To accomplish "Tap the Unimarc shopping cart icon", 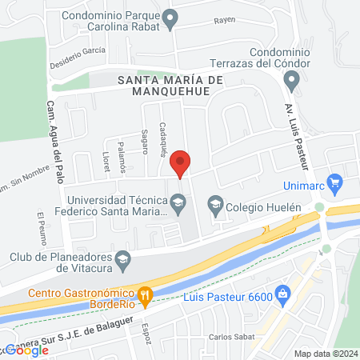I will click(x=335, y=182).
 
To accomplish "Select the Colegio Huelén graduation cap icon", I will click(x=214, y=206).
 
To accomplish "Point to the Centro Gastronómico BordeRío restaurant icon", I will click(x=145, y=295).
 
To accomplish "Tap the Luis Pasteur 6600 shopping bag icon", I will click(x=282, y=295).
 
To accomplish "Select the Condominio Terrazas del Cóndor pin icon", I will click(x=292, y=78).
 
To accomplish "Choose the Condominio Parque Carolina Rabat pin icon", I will click(x=169, y=17).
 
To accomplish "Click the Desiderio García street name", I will click(x=78, y=61).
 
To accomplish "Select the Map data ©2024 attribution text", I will click(x=324, y=353).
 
